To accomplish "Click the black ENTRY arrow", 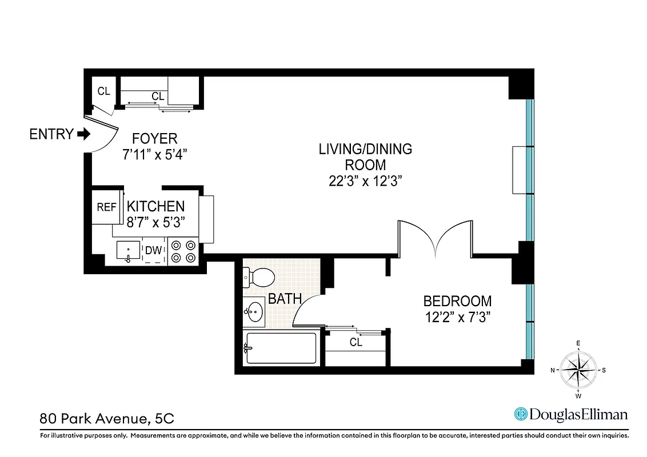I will click(x=83, y=134).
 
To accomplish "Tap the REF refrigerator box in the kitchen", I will click(x=106, y=207).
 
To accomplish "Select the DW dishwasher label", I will click(x=153, y=250).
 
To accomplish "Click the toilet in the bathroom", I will click(x=260, y=278).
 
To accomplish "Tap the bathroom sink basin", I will click(x=255, y=312).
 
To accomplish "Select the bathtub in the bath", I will click(x=280, y=347).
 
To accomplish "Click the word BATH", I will click(x=285, y=298).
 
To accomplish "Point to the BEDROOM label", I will click(x=457, y=301).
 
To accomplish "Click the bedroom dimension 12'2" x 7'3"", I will click(x=457, y=317).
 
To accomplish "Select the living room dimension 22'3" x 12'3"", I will click(x=365, y=181).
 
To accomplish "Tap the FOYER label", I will click(x=154, y=138).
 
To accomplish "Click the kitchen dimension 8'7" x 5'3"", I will click(x=155, y=222).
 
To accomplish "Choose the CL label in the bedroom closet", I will click(x=356, y=343).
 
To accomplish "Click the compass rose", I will click(x=578, y=370).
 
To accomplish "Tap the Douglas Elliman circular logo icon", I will click(x=521, y=414).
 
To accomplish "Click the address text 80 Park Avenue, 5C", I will click(x=106, y=418).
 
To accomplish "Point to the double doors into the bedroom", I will click(x=436, y=240).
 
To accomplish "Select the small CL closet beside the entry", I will click(x=103, y=91).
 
